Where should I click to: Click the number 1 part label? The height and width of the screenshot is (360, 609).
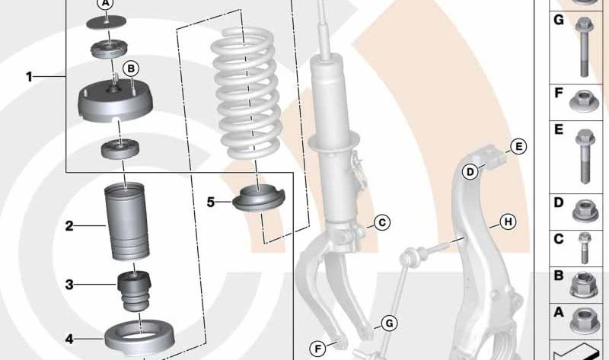[x=29, y=77]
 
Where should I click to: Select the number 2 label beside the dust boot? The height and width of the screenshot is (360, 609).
[x=69, y=225]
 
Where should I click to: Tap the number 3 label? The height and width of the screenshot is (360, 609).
[x=69, y=285]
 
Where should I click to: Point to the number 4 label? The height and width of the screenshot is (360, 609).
[x=69, y=339]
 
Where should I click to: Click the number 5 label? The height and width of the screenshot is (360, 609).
[x=211, y=202]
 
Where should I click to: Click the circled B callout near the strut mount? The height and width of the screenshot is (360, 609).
[x=131, y=68]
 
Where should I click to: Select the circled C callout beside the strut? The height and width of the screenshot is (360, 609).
[x=382, y=222]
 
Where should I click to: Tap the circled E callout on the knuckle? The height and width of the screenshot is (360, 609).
[x=518, y=147]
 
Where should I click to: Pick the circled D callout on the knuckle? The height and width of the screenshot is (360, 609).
[x=470, y=172]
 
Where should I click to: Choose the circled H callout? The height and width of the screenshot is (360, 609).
[x=508, y=222]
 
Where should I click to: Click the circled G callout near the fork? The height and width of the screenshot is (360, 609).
[x=389, y=323]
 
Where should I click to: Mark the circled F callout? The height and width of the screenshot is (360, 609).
[x=317, y=349]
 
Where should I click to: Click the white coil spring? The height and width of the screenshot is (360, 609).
[x=245, y=93]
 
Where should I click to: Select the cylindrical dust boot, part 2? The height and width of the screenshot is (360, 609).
[x=126, y=221]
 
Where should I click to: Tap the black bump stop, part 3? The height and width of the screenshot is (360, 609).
[x=134, y=292]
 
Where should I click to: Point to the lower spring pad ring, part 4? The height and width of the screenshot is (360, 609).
[x=140, y=338]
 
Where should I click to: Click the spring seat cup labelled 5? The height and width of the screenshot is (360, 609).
[x=259, y=199]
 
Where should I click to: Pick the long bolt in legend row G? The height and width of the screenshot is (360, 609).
[x=584, y=46]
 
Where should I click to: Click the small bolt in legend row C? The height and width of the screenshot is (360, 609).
[x=584, y=248]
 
